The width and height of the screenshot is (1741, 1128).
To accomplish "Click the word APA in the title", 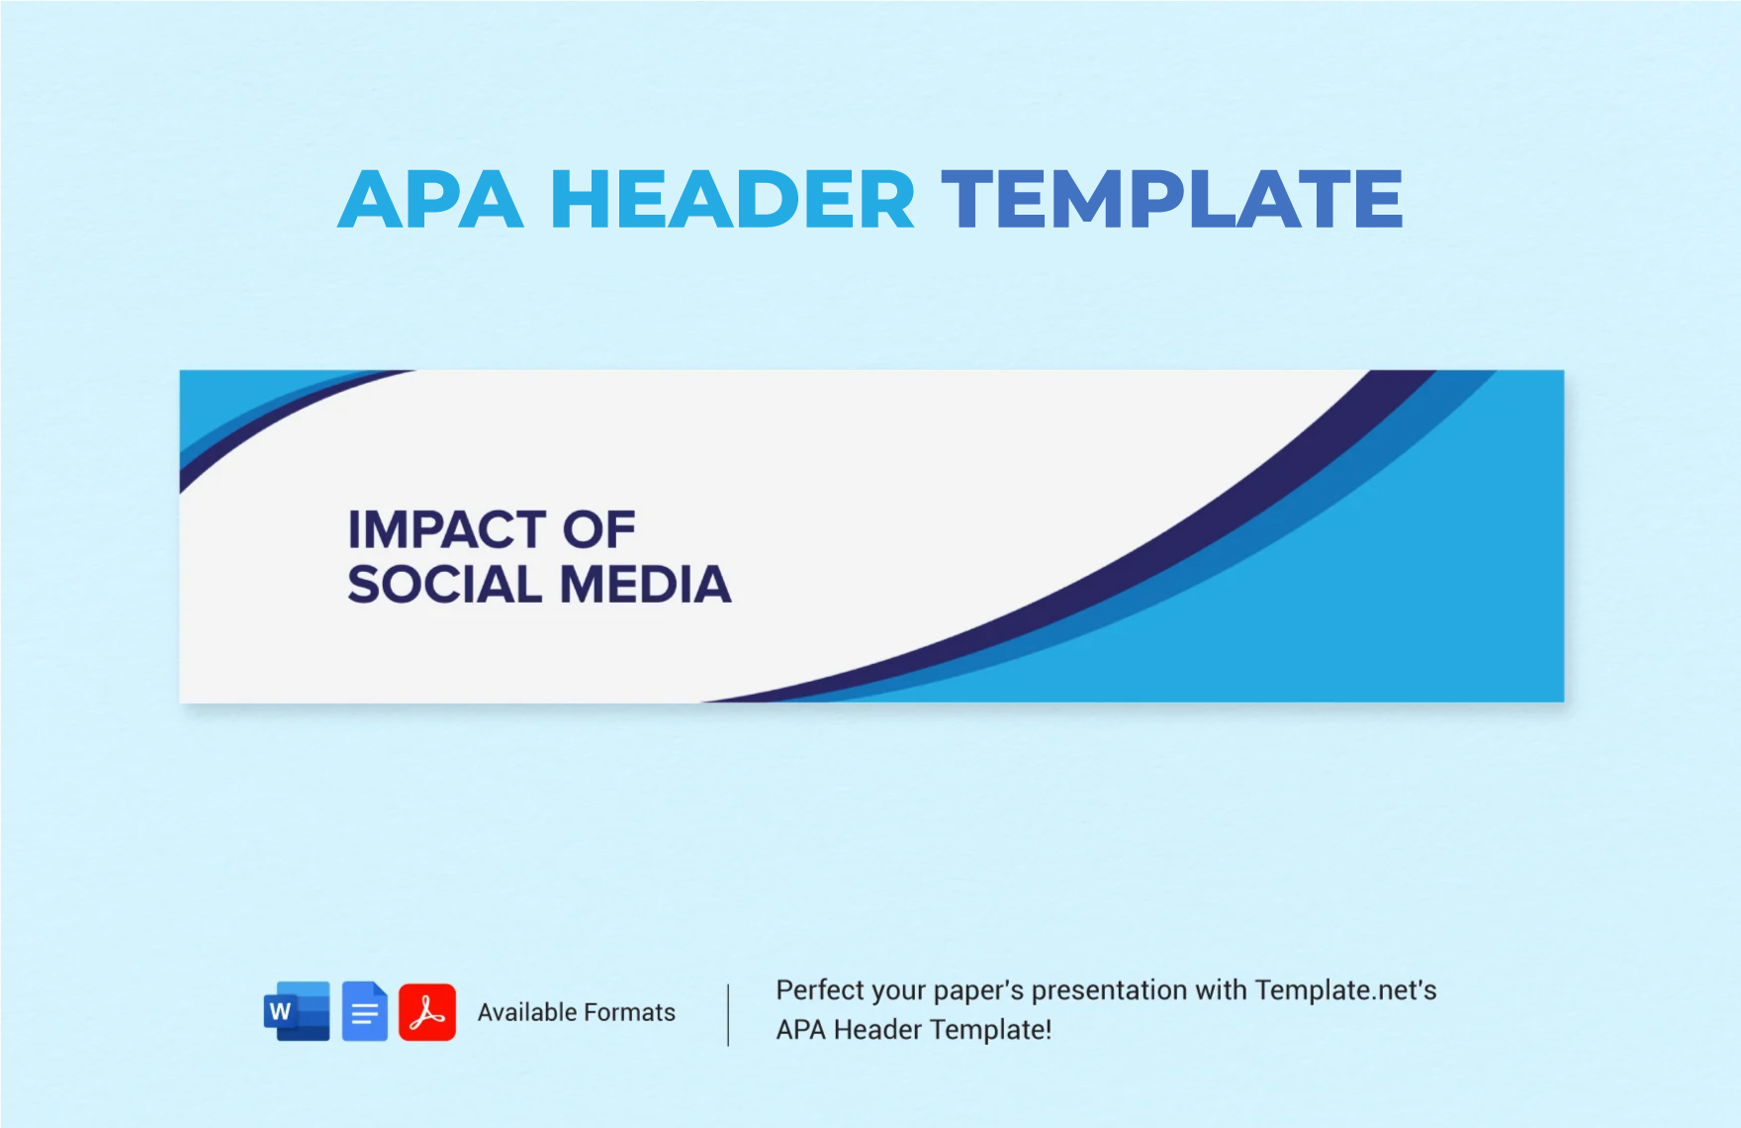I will (x=430, y=200).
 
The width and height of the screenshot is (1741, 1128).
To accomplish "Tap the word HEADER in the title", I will (x=732, y=200).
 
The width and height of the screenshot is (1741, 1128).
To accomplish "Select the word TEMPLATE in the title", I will (x=1171, y=200).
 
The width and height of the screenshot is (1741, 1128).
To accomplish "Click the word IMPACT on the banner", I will (x=445, y=530).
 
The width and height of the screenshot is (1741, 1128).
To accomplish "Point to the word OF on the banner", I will (x=598, y=530).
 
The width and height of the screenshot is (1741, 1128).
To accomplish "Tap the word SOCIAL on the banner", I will (x=445, y=585).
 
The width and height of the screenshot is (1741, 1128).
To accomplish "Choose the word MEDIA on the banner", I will (x=646, y=585).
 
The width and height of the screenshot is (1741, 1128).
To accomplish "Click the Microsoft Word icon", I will (x=297, y=1011).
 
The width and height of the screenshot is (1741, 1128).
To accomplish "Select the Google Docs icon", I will (x=365, y=1011).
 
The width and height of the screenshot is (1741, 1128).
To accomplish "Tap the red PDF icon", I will (x=427, y=1012).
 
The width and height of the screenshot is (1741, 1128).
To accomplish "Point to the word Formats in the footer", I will (x=629, y=1012).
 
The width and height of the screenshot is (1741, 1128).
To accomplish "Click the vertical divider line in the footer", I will (x=728, y=1014).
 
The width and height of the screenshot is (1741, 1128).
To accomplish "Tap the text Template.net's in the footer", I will (x=1345, y=990).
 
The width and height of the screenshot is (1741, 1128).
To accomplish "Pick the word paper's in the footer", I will (x=978, y=990).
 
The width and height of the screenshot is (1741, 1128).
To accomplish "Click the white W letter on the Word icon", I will (x=280, y=1012).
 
